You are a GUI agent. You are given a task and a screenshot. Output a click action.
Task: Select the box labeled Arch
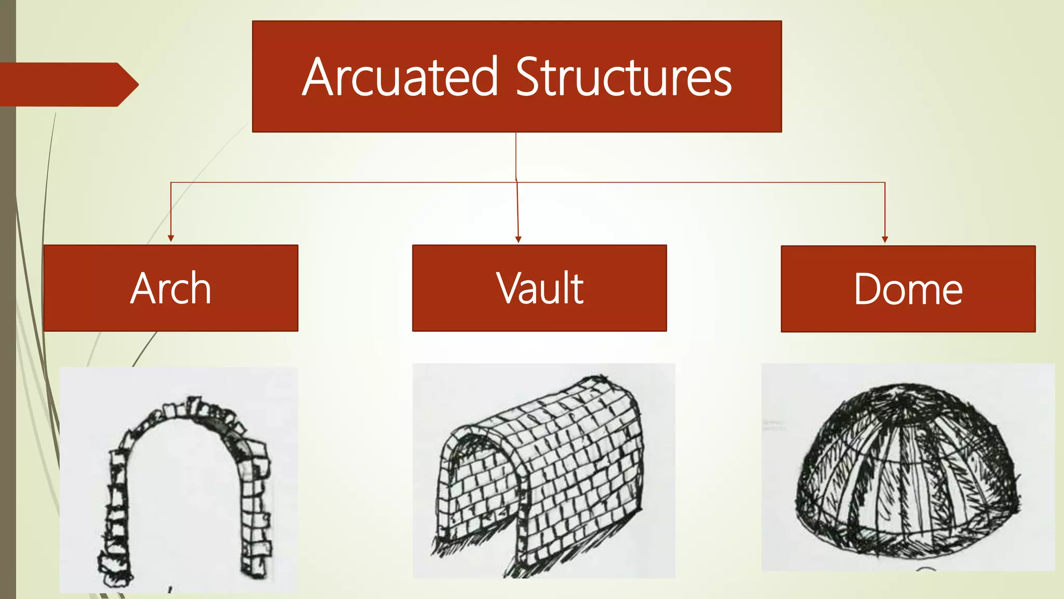(171, 288)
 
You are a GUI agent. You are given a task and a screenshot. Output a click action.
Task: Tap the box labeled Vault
(539, 288)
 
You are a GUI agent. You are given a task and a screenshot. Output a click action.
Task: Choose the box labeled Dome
(908, 289)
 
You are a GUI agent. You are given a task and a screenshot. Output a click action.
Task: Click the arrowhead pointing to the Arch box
(171, 238)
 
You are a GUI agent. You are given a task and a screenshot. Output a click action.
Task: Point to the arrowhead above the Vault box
(518, 239)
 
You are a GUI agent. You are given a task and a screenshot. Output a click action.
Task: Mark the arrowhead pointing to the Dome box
(885, 239)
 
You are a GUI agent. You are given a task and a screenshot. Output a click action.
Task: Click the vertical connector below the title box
(516, 156)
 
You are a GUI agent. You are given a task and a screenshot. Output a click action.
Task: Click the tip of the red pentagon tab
(137, 84)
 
